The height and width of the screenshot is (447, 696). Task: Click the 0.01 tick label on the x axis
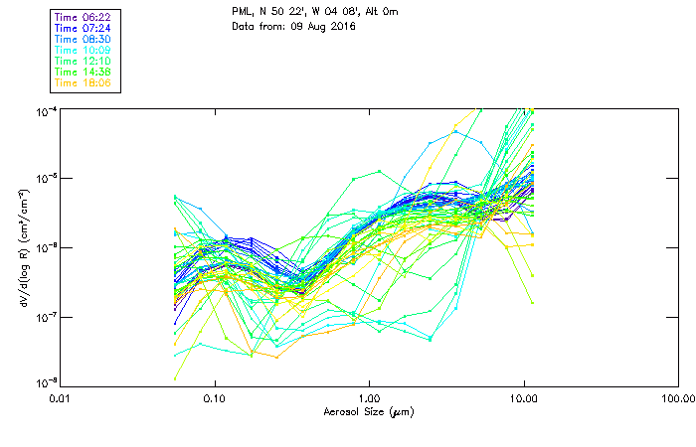(x=60, y=398)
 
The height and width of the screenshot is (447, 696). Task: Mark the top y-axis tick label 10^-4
(x=46, y=110)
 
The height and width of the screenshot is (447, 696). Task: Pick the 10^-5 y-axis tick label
(x=46, y=179)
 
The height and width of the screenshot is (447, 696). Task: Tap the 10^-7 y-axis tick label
(x=46, y=316)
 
